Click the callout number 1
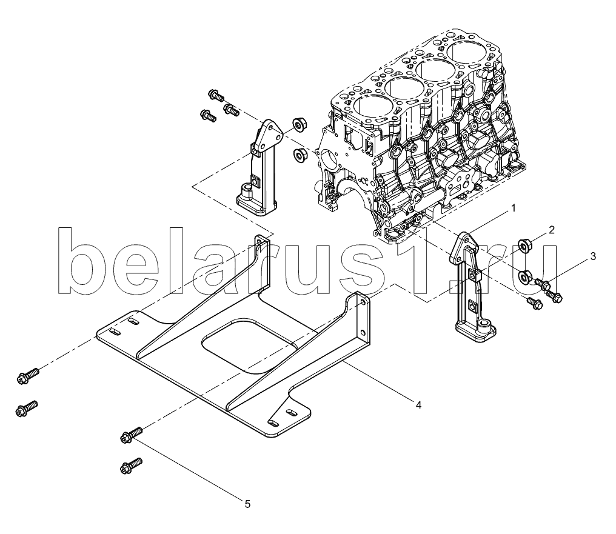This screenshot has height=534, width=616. point(513,209)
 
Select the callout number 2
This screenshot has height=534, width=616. point(552,230)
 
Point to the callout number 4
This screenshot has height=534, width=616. point(418,405)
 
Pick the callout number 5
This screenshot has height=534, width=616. point(247,504)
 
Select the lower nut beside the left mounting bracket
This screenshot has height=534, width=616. point(301,153)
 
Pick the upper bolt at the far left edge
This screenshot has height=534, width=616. point(28,375)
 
